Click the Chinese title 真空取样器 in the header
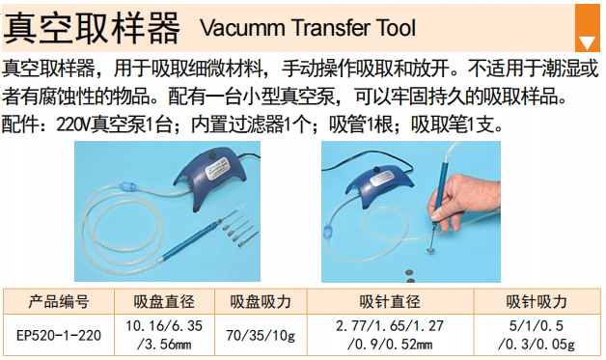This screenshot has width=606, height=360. (x=92, y=27)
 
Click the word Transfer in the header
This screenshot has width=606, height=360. (x=330, y=28)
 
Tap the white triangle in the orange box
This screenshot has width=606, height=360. (x=587, y=42)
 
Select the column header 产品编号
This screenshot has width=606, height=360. (x=59, y=302)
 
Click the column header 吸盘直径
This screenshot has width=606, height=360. (x=164, y=302)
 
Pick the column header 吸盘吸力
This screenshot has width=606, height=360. (x=261, y=302)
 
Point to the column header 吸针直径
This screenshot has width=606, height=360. (x=390, y=302)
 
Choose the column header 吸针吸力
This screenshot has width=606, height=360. (x=537, y=302)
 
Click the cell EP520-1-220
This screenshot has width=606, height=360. (x=59, y=335)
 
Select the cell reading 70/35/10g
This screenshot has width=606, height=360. (x=261, y=335)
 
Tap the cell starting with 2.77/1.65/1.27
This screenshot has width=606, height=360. (x=390, y=335)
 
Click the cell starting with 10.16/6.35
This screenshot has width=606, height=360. (x=164, y=335)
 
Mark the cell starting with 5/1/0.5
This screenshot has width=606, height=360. (x=537, y=335)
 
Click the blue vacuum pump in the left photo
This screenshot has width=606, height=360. (x=211, y=176)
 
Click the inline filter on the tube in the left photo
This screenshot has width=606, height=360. (x=128, y=187)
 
